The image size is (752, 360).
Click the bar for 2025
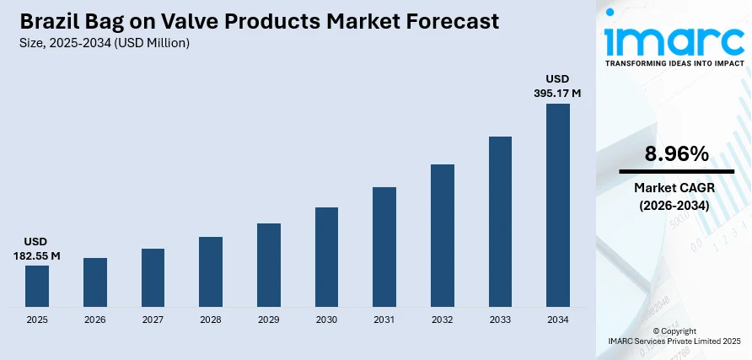point(37,286)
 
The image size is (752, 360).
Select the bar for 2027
point(153,277)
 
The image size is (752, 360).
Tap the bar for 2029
point(269,265)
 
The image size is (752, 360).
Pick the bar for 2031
point(384,246)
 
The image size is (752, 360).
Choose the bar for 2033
point(500,221)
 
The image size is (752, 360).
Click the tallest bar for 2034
point(558,205)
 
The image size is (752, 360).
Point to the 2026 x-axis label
point(95,320)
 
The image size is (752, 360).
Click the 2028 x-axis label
point(211,320)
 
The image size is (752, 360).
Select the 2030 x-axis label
point(326,320)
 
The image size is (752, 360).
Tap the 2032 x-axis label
point(443,320)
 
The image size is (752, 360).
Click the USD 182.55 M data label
point(37,248)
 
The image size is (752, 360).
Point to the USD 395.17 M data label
point(558,86)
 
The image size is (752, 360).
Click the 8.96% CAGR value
point(676,153)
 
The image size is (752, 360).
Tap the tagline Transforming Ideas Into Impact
point(674,62)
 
